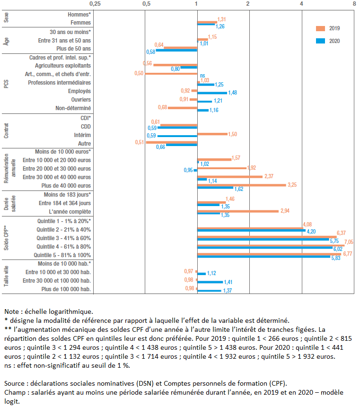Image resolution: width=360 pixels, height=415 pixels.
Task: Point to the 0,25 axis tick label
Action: pos(95,4)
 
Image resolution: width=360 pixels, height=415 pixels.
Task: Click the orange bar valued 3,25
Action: pos(242,184)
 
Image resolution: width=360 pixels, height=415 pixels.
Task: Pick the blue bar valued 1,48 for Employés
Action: pos(212,93)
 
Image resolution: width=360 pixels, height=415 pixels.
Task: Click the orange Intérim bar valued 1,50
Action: pos(212,134)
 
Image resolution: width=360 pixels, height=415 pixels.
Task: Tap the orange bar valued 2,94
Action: pos(237,211)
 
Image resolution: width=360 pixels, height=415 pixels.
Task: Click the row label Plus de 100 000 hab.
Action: pos(66,289)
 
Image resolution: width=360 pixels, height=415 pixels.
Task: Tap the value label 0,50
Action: pos(139,73)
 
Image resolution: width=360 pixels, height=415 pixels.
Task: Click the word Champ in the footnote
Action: pos(14,392)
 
